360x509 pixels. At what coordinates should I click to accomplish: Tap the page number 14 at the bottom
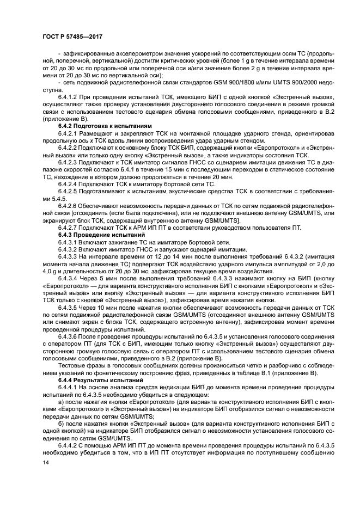pyautogui.click(x=46, y=463)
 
